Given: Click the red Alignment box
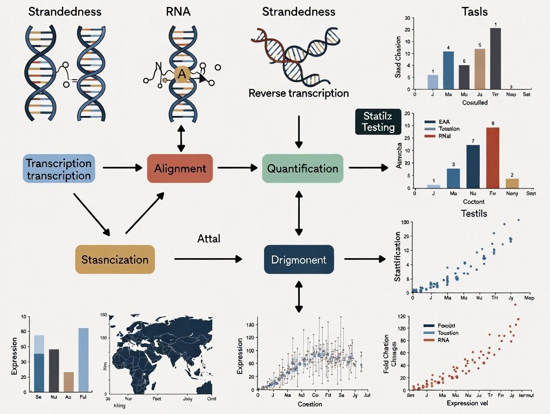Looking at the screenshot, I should (x=180, y=169).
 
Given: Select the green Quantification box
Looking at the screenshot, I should (x=302, y=169).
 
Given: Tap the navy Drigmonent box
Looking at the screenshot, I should (x=298, y=260).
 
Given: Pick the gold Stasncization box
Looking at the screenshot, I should (x=115, y=260).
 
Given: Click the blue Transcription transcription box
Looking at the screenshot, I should (x=59, y=169).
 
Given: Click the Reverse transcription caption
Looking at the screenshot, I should (x=298, y=93).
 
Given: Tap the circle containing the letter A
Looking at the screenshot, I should (x=181, y=74).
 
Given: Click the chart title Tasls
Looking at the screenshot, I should (x=474, y=11).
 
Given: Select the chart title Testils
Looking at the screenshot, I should (x=474, y=213).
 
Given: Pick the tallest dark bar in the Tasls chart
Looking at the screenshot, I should (x=495, y=58).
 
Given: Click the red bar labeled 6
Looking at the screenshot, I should (x=492, y=158).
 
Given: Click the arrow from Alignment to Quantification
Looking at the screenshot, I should (x=237, y=169).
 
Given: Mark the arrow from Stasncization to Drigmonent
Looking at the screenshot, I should (x=208, y=259).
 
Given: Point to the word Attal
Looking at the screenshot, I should (x=208, y=239).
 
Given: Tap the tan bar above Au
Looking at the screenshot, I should (x=69, y=381).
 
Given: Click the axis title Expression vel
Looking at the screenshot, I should (x=466, y=403).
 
